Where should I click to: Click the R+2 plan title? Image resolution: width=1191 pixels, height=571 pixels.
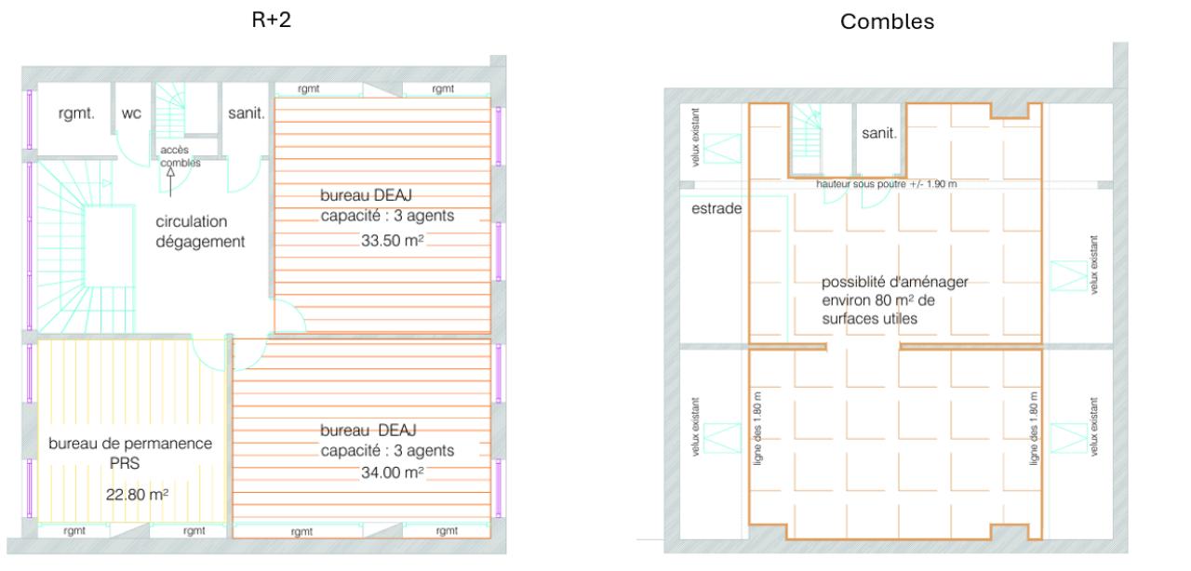coord(271,20)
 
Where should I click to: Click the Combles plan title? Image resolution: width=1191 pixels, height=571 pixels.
coord(887,21)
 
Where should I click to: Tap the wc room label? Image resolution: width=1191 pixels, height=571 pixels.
coord(131,113)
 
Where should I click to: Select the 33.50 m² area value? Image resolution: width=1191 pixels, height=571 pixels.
coord(393,240)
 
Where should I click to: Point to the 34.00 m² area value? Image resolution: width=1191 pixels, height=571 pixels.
coord(393,472)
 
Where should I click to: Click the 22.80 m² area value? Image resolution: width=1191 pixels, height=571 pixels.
coord(137,495)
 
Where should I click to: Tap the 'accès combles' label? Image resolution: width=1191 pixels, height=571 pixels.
coord(181,156)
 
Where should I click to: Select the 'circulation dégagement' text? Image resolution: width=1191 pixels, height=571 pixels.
coord(200,232)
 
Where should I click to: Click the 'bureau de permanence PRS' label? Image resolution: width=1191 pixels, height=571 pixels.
coord(130,453)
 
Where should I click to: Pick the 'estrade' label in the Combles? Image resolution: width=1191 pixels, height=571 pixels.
coord(716,208)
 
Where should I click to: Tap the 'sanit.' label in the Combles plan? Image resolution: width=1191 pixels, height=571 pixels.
coord(879,133)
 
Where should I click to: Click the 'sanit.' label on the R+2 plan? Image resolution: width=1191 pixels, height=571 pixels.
coord(247,113)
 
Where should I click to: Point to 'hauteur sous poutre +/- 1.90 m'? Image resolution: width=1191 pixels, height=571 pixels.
coord(887,184)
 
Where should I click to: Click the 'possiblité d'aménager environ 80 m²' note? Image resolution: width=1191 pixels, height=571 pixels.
coord(895,300)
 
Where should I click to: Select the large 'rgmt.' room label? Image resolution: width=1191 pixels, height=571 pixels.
coord(76,113)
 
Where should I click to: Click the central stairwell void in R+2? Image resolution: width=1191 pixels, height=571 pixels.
coord(109,246)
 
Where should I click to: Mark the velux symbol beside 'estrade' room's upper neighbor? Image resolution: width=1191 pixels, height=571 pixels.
coord(722,149)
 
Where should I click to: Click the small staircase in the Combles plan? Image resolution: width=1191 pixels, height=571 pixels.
coord(807,139)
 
